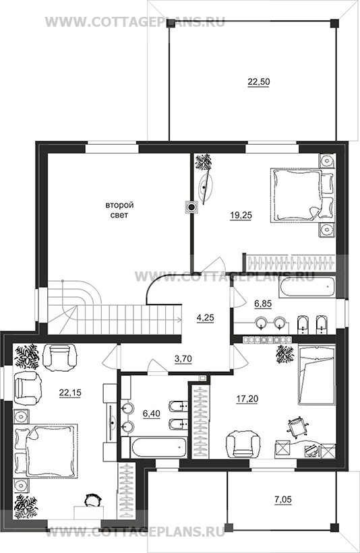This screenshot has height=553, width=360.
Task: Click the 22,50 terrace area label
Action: click(259, 82)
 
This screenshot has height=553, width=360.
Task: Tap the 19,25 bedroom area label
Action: click(241, 216)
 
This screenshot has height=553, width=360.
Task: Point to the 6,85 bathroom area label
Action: click(263, 303)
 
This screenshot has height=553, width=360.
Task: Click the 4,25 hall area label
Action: click(206, 317)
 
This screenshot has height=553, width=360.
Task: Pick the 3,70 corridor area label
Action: click(183, 359)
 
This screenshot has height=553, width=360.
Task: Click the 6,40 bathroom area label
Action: click(152, 414)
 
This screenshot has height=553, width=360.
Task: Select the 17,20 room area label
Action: click(247, 399)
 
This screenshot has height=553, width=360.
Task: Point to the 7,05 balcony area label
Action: click(282, 499)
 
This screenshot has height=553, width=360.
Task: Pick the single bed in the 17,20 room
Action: click(316, 375)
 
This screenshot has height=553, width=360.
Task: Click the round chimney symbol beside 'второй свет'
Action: click(191, 207)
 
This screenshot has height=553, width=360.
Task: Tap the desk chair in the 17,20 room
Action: click(297, 426)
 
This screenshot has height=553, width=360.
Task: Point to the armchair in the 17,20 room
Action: click(241, 445)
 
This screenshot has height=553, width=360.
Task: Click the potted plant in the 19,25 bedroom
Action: click(204, 162)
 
